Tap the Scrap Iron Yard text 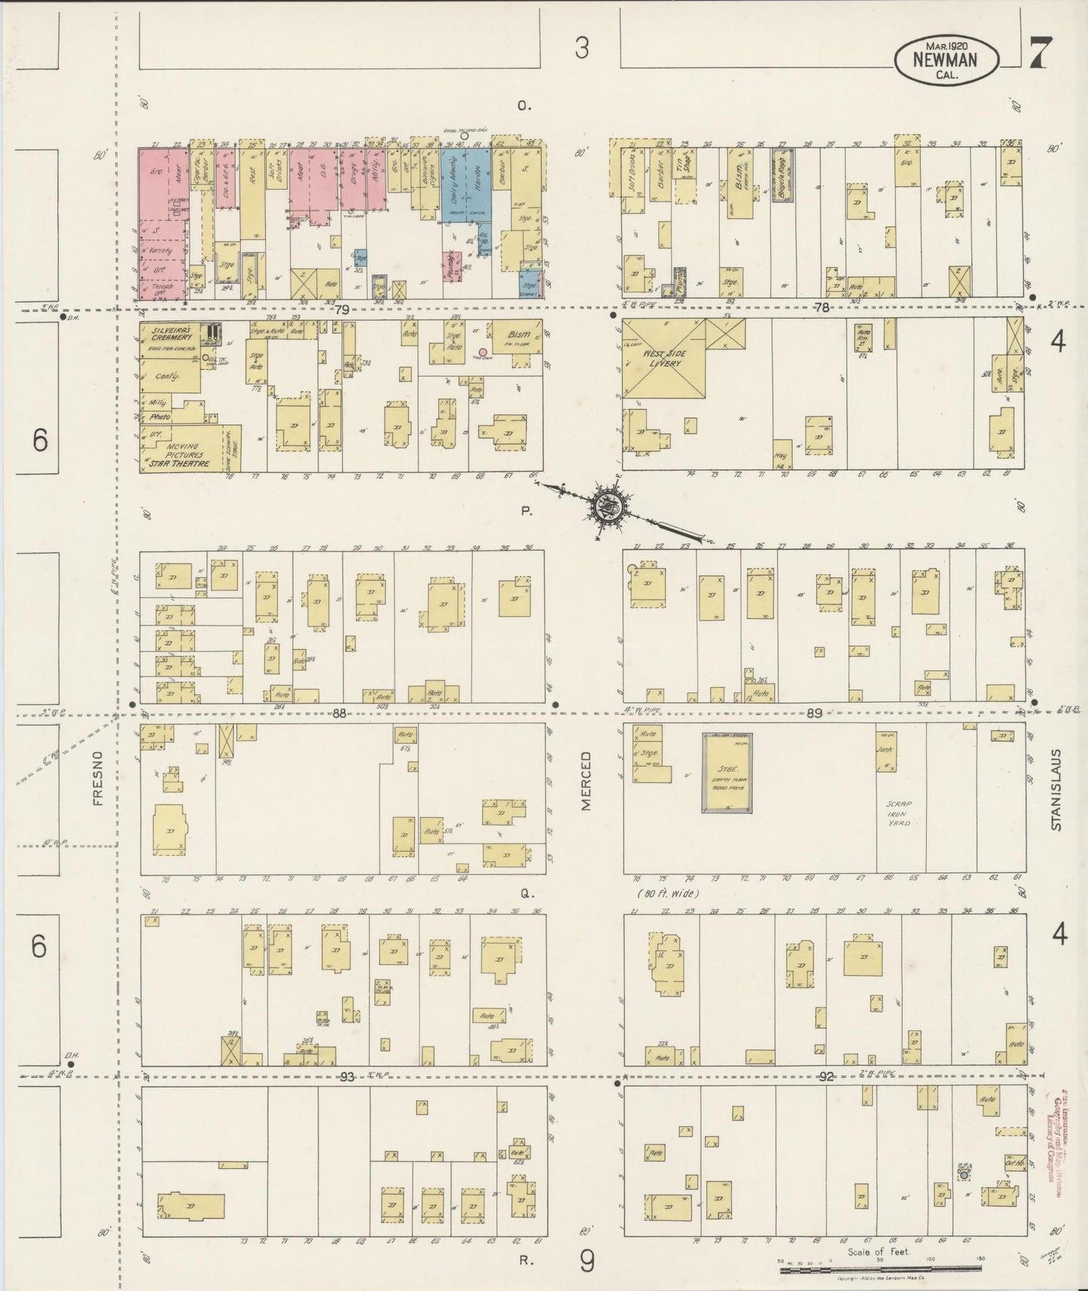899,814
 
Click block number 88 340,713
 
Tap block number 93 346,1076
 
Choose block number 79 343,310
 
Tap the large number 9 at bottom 587,1260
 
